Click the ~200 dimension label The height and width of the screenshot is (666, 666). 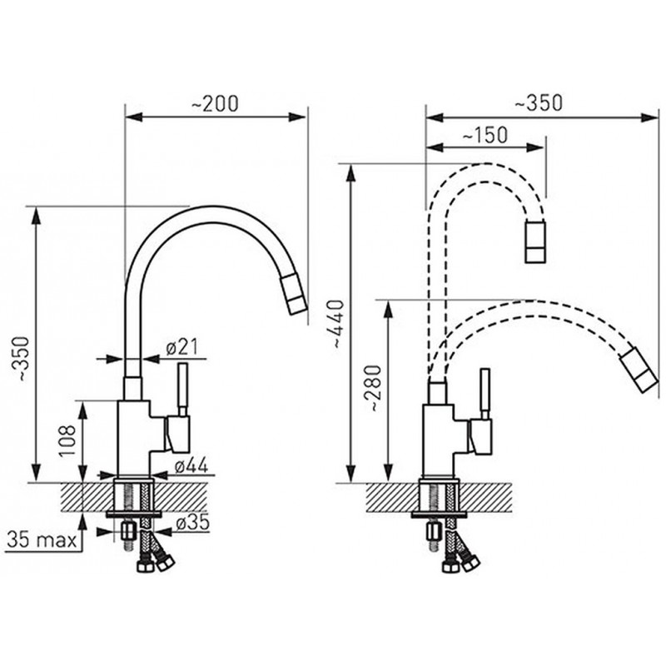[215, 104]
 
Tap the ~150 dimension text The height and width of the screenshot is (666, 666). [485, 136]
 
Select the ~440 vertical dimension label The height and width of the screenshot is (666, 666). [339, 324]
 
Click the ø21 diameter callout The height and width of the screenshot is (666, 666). [182, 348]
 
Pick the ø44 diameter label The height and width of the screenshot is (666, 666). [192, 466]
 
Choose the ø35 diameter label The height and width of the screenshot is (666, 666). [192, 523]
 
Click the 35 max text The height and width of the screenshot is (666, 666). [42, 540]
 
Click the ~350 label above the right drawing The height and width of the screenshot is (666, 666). [539, 103]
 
